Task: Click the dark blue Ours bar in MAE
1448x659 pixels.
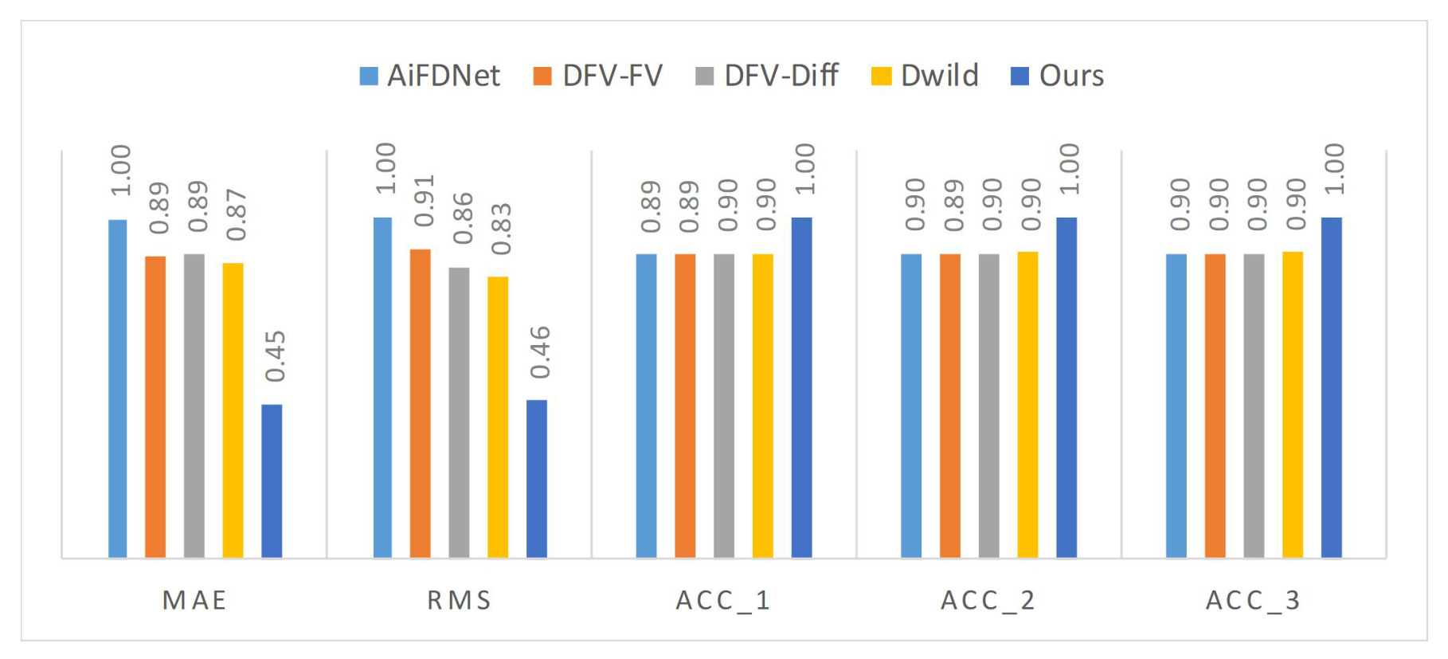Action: click(x=272, y=481)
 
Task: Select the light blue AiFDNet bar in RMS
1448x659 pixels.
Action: click(x=382, y=387)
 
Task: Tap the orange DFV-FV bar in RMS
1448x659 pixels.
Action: click(x=421, y=403)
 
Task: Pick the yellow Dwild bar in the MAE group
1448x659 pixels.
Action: click(x=233, y=410)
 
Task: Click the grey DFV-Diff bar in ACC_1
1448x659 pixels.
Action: click(x=724, y=406)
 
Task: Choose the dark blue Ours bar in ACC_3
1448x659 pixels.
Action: click(x=1332, y=387)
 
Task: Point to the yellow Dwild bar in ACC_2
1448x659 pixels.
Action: click(x=1027, y=405)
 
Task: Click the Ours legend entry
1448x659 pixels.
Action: click(x=1057, y=76)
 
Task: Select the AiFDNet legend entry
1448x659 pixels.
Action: click(x=430, y=76)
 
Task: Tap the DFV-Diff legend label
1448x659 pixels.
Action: click(x=781, y=76)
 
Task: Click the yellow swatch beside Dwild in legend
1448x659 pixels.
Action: click(x=882, y=76)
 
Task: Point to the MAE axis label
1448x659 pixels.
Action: click(x=195, y=600)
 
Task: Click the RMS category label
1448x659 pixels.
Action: click(x=460, y=600)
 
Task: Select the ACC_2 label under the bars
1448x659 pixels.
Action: click(x=988, y=601)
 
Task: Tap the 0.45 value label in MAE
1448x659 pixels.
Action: click(x=275, y=356)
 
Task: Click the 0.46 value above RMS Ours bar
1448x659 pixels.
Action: click(x=539, y=352)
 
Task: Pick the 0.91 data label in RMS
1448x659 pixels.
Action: click(x=424, y=201)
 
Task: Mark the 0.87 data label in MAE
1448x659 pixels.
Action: click(x=236, y=215)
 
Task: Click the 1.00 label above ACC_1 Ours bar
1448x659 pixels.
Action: click(x=804, y=169)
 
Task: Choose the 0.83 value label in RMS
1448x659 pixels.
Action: click(x=501, y=229)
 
